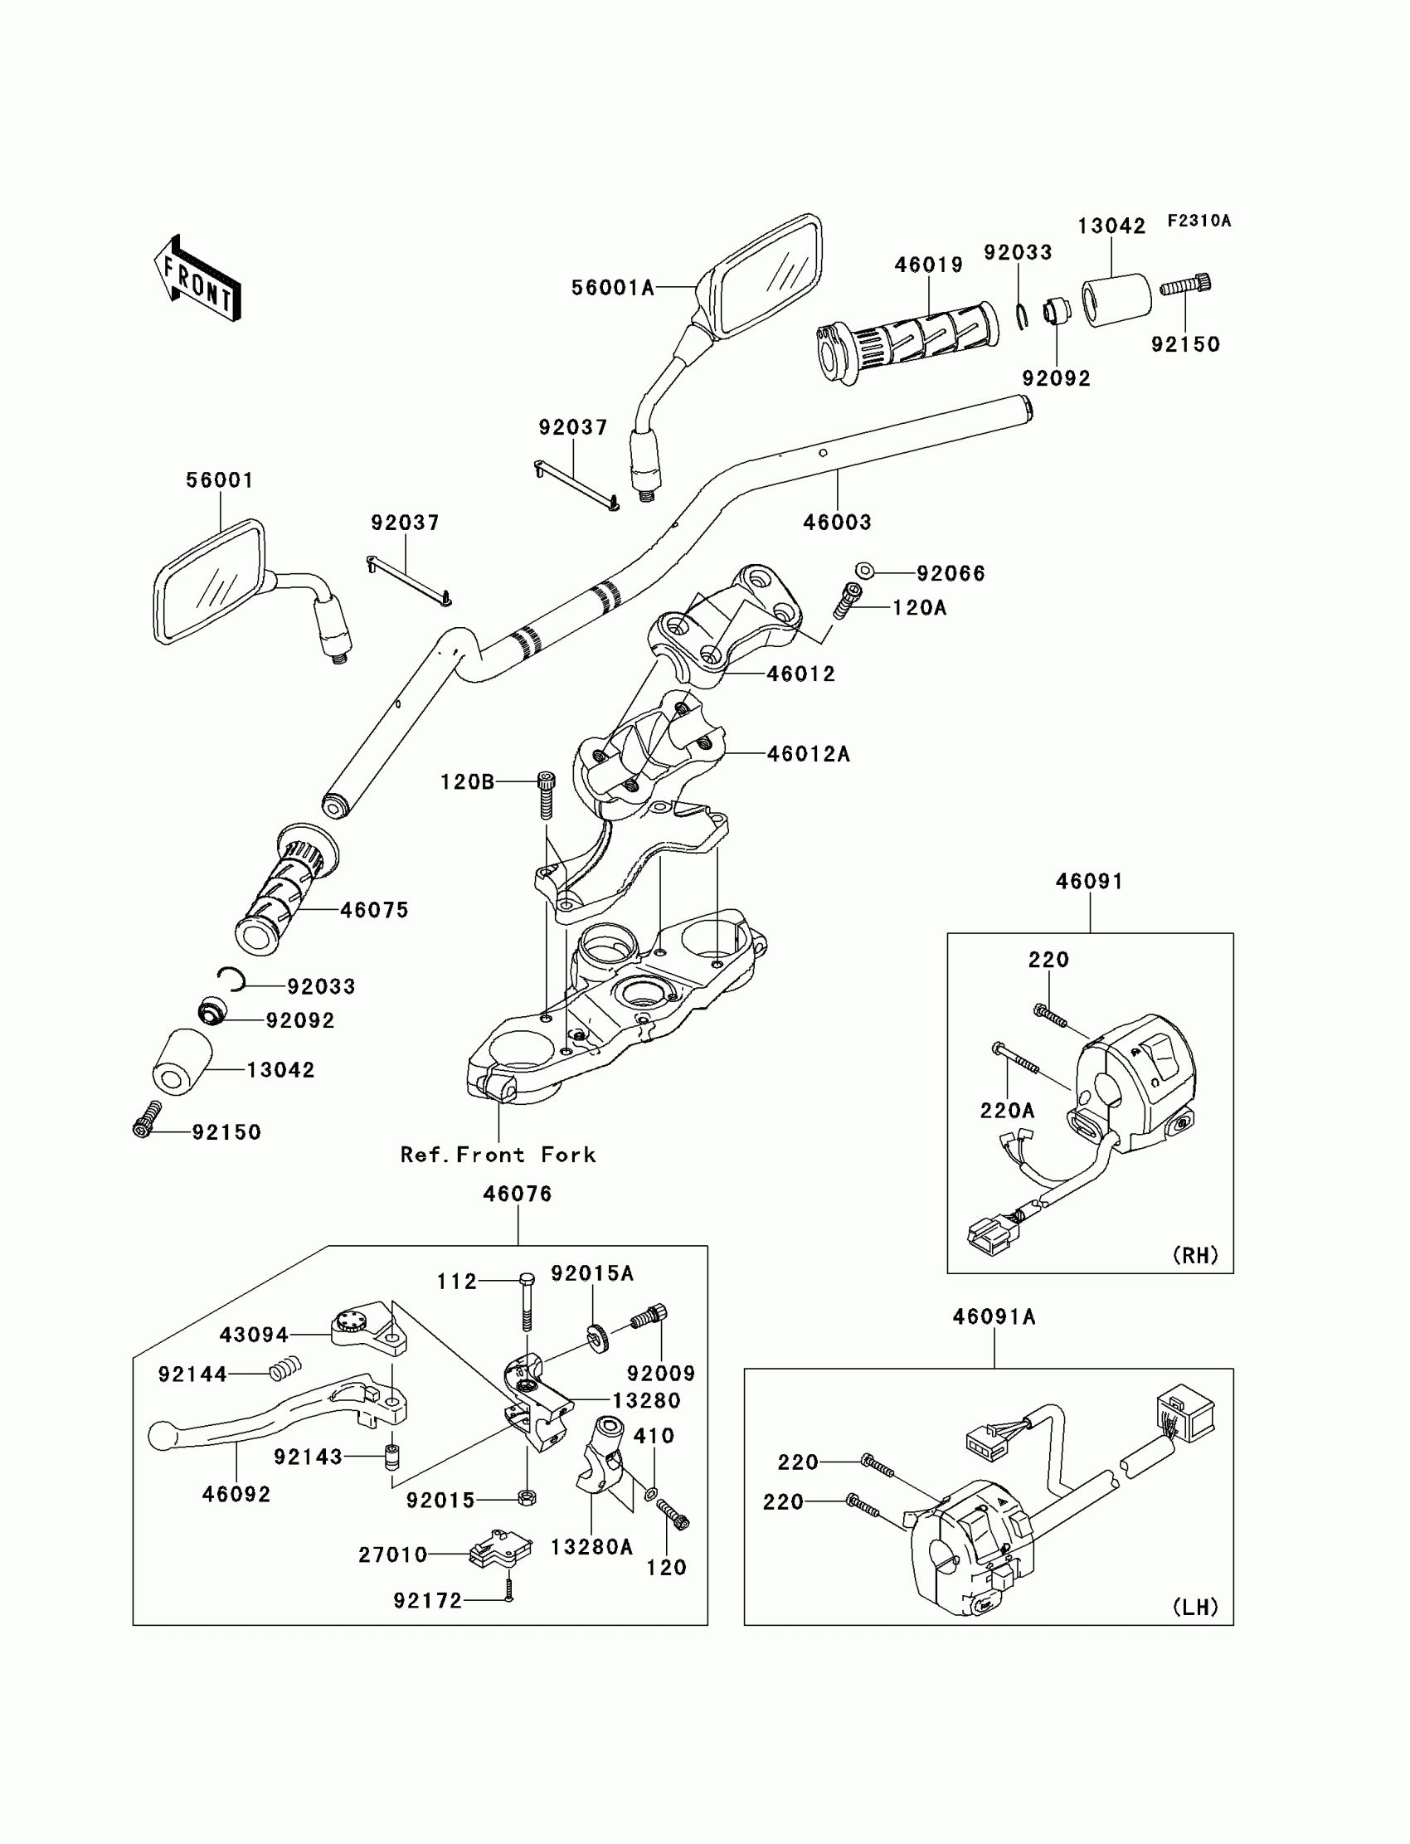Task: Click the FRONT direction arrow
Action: [198, 280]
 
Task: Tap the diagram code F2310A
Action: [1198, 221]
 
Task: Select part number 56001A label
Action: [613, 288]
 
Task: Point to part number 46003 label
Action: [837, 522]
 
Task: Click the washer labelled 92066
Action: [864, 572]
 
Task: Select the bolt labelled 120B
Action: [547, 793]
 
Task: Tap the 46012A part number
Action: [808, 755]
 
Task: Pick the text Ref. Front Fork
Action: [498, 1155]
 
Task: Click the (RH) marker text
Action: [1195, 1255]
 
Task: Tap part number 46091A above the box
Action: [994, 1318]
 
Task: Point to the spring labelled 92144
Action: [284, 1371]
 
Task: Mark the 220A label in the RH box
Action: [1007, 1111]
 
